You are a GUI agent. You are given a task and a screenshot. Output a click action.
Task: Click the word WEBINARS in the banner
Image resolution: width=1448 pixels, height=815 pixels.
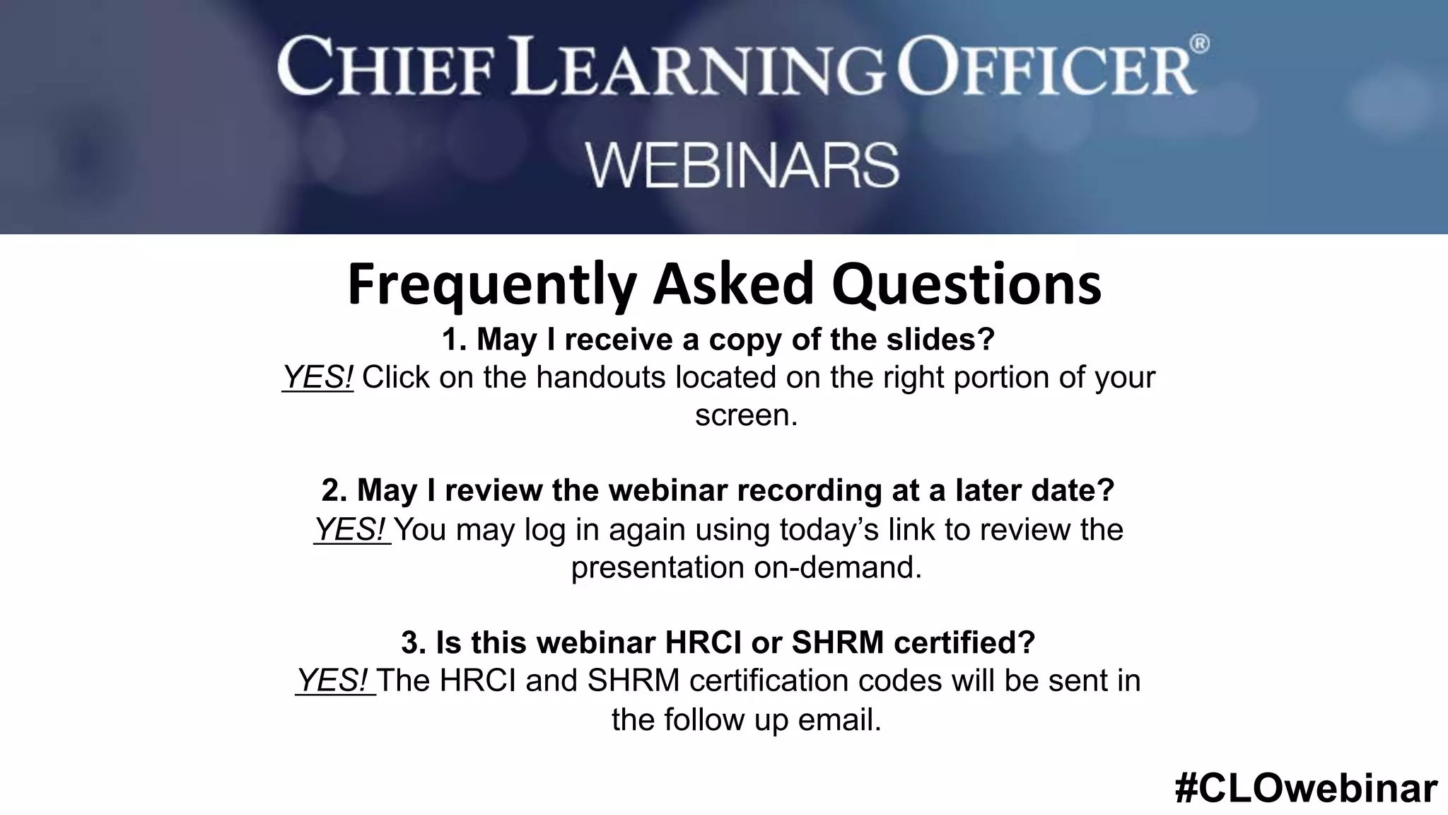[742, 165]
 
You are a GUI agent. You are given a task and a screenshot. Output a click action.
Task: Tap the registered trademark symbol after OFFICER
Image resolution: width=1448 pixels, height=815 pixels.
[1200, 45]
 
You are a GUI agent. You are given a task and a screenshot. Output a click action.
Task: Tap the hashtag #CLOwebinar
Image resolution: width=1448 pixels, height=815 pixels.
[1306, 788]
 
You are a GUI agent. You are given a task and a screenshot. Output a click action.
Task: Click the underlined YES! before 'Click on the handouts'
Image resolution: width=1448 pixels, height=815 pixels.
[317, 377]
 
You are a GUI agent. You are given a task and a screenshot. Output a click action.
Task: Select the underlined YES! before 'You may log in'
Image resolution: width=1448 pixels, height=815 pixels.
[351, 529]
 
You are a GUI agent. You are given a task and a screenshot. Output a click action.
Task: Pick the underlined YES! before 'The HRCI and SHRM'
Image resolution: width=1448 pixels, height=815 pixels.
[334, 681]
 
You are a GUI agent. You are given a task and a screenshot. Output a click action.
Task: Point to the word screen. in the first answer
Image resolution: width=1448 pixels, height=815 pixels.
[746, 415]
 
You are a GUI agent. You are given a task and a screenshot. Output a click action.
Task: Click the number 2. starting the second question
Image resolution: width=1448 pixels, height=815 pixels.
[334, 490]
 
